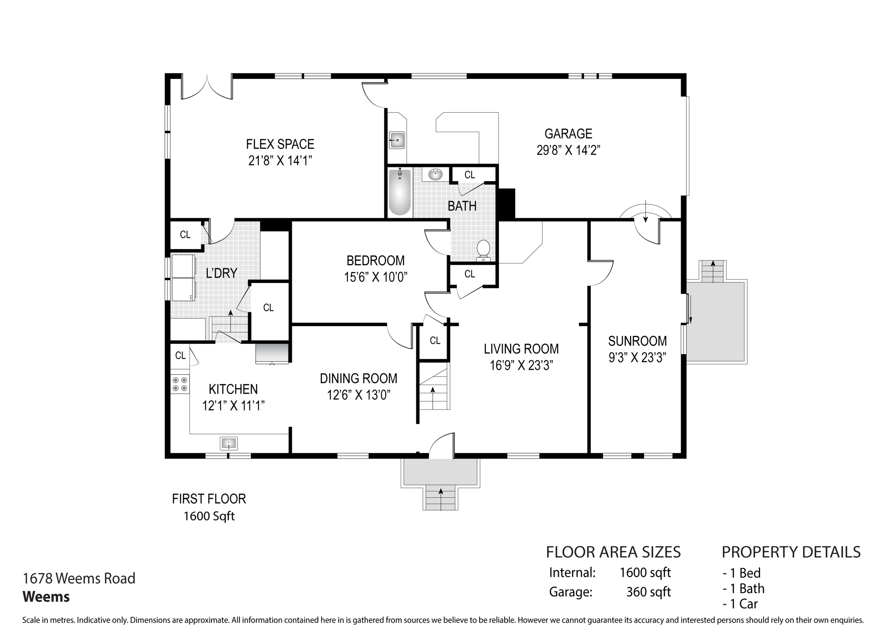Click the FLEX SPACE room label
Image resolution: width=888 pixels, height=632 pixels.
tap(280, 144)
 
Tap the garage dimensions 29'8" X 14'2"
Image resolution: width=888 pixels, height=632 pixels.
tap(568, 150)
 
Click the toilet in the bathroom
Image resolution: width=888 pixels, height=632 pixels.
tap(483, 251)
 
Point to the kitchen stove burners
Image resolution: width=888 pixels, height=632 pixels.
tap(180, 384)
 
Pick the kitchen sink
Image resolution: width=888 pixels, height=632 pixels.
tap(229, 444)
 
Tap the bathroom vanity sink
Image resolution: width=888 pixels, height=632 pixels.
tap(435, 175)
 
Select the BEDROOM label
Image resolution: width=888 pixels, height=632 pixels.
tap(375, 260)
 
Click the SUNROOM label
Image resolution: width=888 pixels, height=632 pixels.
tap(637, 341)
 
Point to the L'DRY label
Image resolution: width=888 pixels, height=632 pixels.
tap(222, 273)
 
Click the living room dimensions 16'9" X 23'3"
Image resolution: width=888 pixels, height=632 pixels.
tap(521, 366)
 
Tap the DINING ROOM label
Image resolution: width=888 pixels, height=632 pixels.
tap(359, 378)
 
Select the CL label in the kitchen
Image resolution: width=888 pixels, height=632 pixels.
tap(180, 355)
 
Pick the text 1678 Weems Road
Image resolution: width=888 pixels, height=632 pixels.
tap(79, 578)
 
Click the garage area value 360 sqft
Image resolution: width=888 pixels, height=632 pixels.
tap(648, 592)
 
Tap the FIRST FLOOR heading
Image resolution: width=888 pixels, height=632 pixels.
tap(209, 499)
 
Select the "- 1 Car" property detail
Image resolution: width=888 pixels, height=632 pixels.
tap(740, 604)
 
